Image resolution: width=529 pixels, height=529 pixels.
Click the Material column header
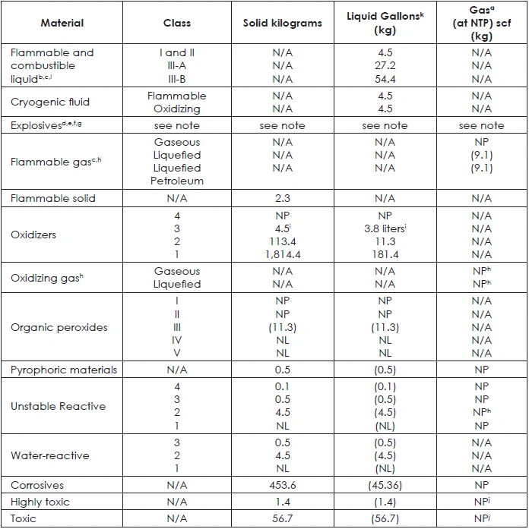[62, 23]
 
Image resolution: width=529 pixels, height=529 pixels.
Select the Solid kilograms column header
[283, 23]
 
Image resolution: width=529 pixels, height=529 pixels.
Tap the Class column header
[177, 23]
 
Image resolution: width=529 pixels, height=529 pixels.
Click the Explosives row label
[46, 125]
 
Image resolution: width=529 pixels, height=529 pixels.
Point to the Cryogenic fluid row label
[50, 102]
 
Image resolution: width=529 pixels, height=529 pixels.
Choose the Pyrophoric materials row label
[64, 370]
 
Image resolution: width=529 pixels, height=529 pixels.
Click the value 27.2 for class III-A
[385, 65]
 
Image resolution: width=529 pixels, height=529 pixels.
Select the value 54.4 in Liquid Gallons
[385, 79]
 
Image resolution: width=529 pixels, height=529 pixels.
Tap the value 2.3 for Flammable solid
[283, 198]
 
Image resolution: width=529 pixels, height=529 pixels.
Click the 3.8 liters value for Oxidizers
[385, 228]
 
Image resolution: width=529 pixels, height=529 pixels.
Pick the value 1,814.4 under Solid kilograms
[283, 254]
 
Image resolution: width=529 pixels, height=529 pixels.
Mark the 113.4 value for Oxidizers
[283, 241]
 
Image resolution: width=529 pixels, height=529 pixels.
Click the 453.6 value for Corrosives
[283, 485]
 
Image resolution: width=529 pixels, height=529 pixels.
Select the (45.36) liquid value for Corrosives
[385, 485]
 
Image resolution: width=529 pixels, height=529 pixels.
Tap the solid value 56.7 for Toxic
[283, 518]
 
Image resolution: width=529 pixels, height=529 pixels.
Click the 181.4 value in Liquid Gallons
[385, 254]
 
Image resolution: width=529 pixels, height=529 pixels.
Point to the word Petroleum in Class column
[177, 181]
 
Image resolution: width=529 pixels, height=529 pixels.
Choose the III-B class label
[177, 79]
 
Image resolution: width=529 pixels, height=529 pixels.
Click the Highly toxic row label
[40, 502]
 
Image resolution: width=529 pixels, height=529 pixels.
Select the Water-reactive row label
[50, 455]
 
